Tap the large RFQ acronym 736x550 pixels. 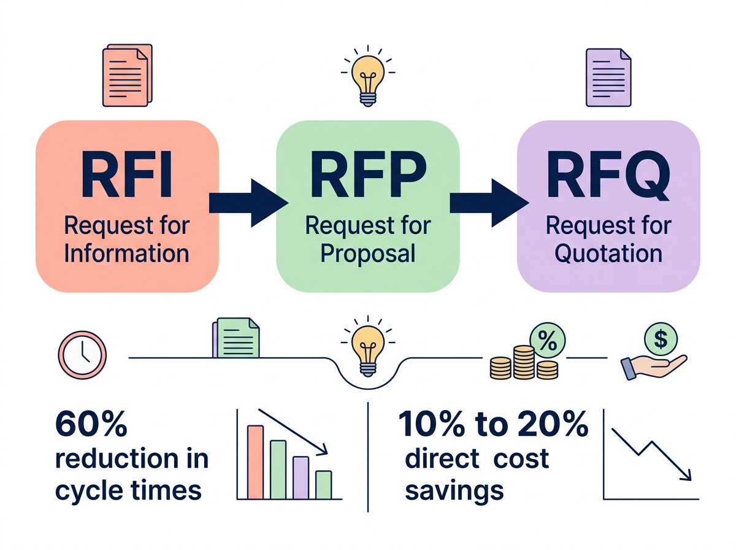[608, 177]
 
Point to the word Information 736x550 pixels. [126, 253]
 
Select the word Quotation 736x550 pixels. [608, 253]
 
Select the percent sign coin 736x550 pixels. [548, 341]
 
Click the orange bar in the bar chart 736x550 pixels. [255, 461]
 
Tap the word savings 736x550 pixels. [454, 490]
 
